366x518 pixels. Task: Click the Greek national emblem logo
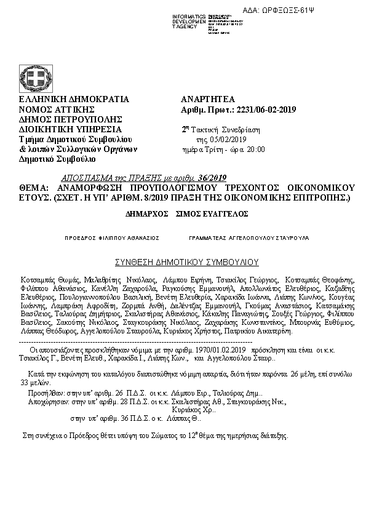coord(36,78)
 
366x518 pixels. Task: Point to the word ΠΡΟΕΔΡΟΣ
coord(80,237)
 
